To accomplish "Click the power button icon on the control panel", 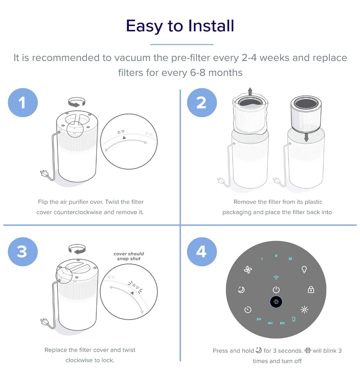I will click(x=276, y=290).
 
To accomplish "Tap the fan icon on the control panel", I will click(x=248, y=270).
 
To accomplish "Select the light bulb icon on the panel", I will click(x=304, y=269).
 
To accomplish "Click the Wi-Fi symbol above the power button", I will click(x=276, y=278).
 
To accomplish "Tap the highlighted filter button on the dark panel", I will click(x=276, y=302).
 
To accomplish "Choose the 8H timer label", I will click(x=282, y=323).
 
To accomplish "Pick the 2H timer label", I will click(x=259, y=319).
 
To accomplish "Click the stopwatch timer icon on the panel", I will click(x=248, y=310).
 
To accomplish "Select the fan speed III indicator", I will click(x=290, y=259).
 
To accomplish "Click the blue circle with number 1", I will click(x=23, y=103).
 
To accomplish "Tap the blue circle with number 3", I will click(x=23, y=252).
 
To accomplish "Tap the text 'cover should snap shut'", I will click(x=129, y=256).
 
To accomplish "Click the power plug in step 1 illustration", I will click(x=44, y=174).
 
